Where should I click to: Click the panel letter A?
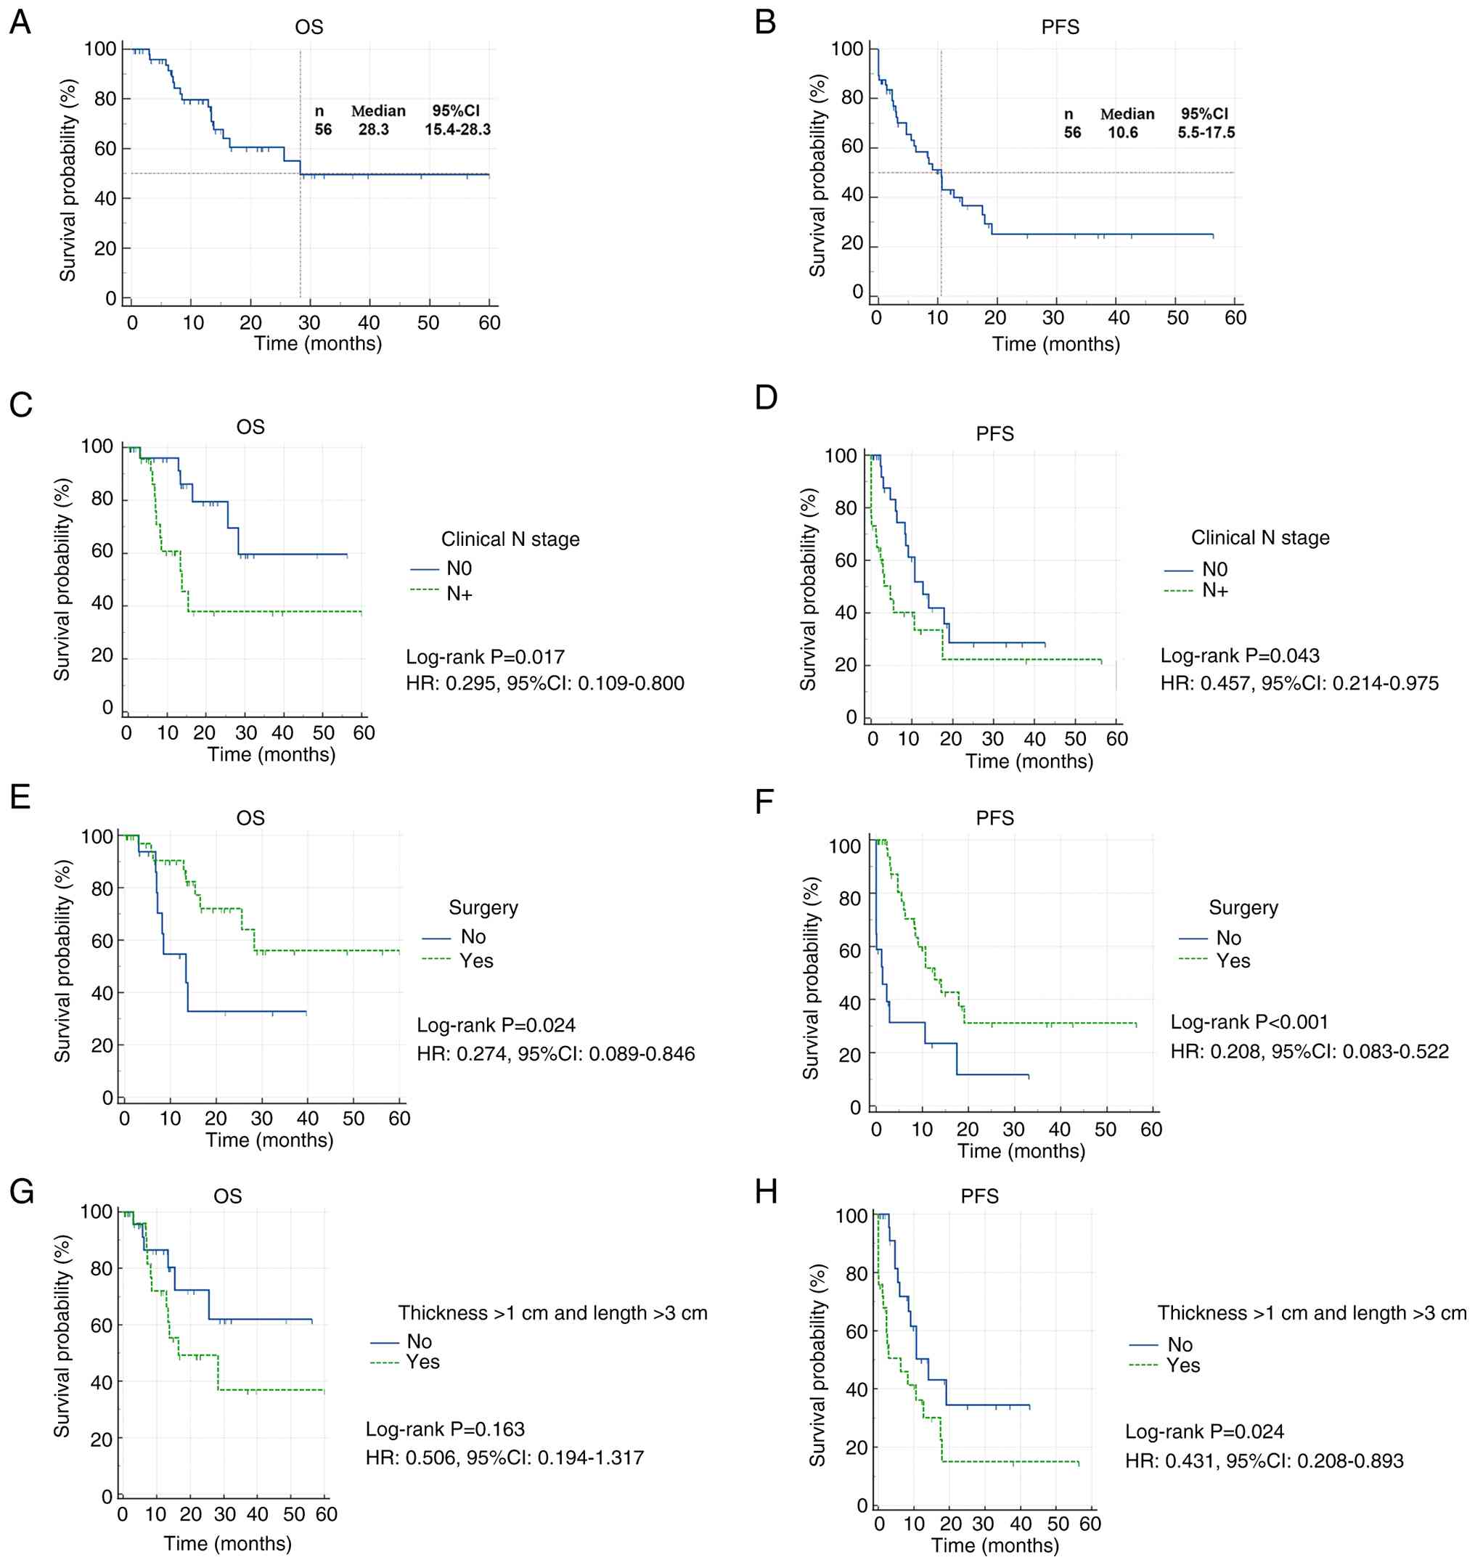tap(20, 23)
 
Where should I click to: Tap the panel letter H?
tap(766, 1193)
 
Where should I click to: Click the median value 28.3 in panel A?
tap(374, 130)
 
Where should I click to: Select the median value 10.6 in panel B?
tap(1122, 133)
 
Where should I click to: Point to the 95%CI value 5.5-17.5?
tap(1206, 133)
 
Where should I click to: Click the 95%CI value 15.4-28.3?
tap(457, 130)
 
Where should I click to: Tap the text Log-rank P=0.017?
tap(485, 658)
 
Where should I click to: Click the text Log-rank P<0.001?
tap(1249, 1023)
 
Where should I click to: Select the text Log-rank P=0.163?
tap(445, 1429)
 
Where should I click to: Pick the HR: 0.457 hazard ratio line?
tap(1299, 683)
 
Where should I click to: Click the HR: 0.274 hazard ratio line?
tap(556, 1054)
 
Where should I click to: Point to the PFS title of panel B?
tap(1061, 28)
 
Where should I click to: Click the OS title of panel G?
tap(227, 1196)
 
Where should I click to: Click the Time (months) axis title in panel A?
tap(317, 344)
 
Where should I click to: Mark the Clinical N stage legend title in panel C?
tap(510, 540)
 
